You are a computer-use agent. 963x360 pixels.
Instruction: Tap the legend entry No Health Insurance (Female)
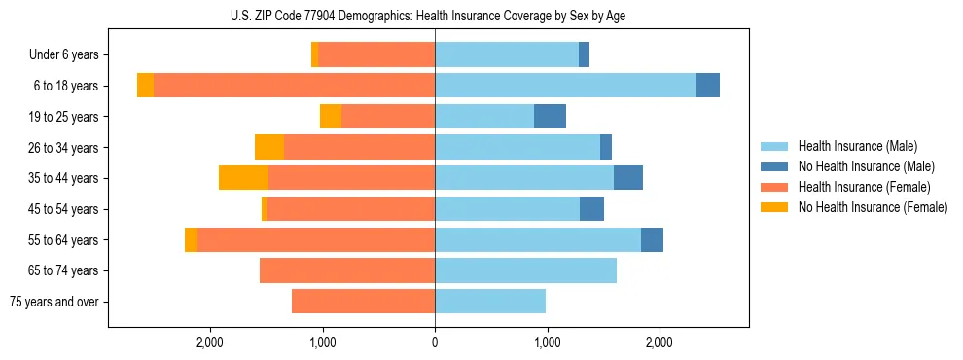pyautogui.click(x=873, y=207)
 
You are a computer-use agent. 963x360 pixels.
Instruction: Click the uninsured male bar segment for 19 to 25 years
pyautogui.click(x=550, y=117)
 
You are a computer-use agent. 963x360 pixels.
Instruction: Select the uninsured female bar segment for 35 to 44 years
pyautogui.click(x=243, y=178)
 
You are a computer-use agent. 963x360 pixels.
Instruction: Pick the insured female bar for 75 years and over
pyautogui.click(x=363, y=302)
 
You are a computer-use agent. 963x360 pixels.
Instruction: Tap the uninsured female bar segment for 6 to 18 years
pyautogui.click(x=145, y=86)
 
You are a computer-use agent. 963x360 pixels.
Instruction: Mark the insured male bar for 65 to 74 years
pyautogui.click(x=525, y=270)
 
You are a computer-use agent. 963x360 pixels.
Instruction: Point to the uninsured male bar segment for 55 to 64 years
pyautogui.click(x=652, y=239)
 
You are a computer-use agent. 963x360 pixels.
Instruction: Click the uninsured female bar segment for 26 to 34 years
pyautogui.click(x=269, y=147)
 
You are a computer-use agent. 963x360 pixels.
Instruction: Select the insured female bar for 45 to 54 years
pyautogui.click(x=350, y=209)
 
